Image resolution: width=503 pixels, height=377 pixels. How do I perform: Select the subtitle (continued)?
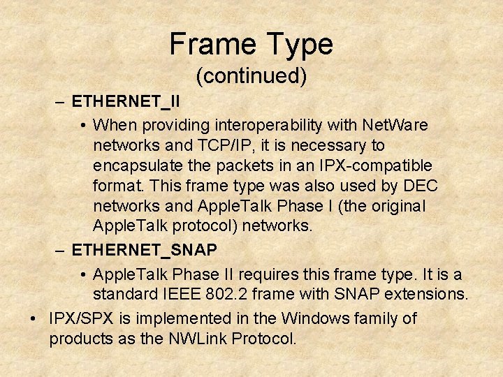251,75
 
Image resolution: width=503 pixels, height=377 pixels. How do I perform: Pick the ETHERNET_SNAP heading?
145,249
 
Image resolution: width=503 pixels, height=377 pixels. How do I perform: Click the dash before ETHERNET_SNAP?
59,249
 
